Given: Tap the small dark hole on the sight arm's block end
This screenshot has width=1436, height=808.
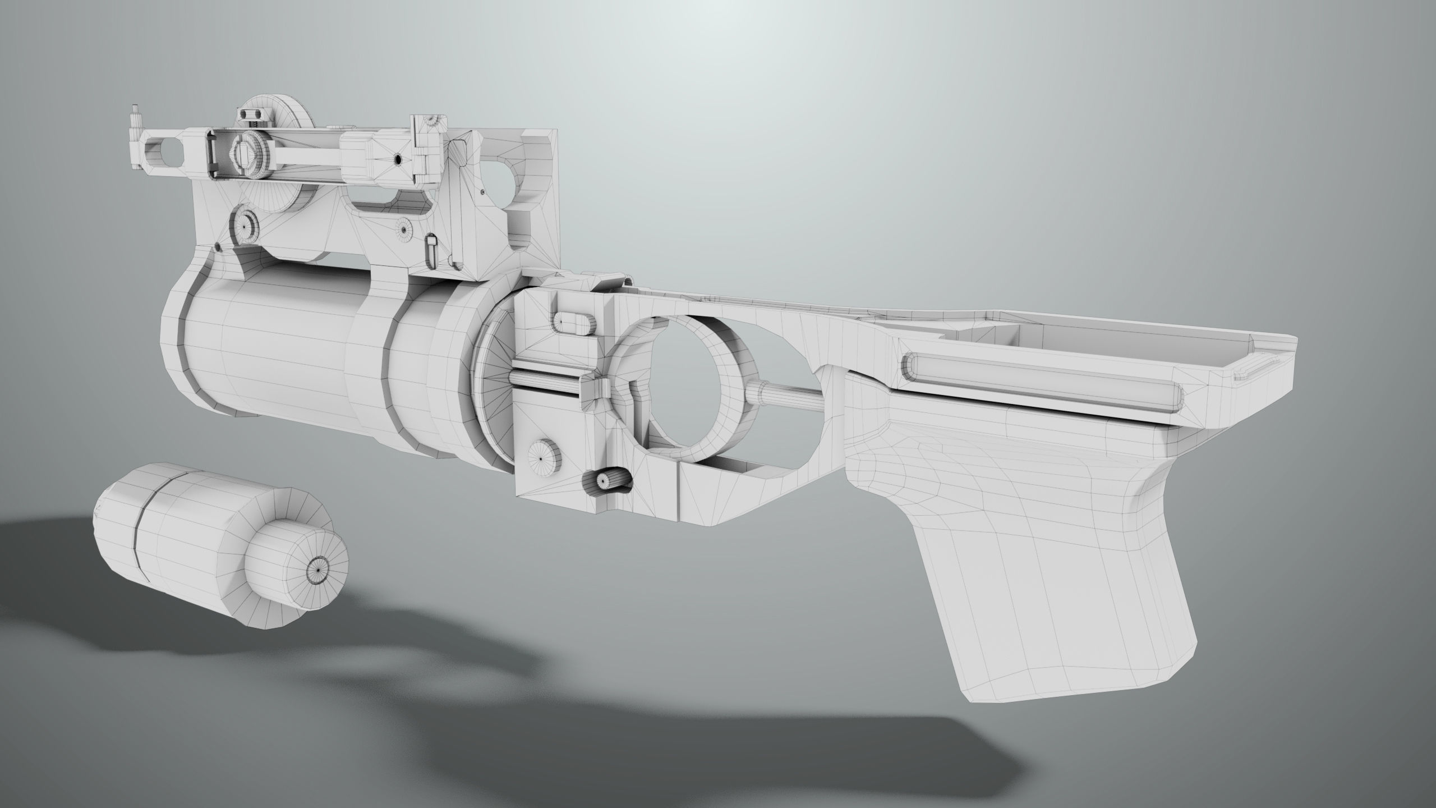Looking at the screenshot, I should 397,160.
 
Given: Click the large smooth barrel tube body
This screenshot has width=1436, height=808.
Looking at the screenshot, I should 264,353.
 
